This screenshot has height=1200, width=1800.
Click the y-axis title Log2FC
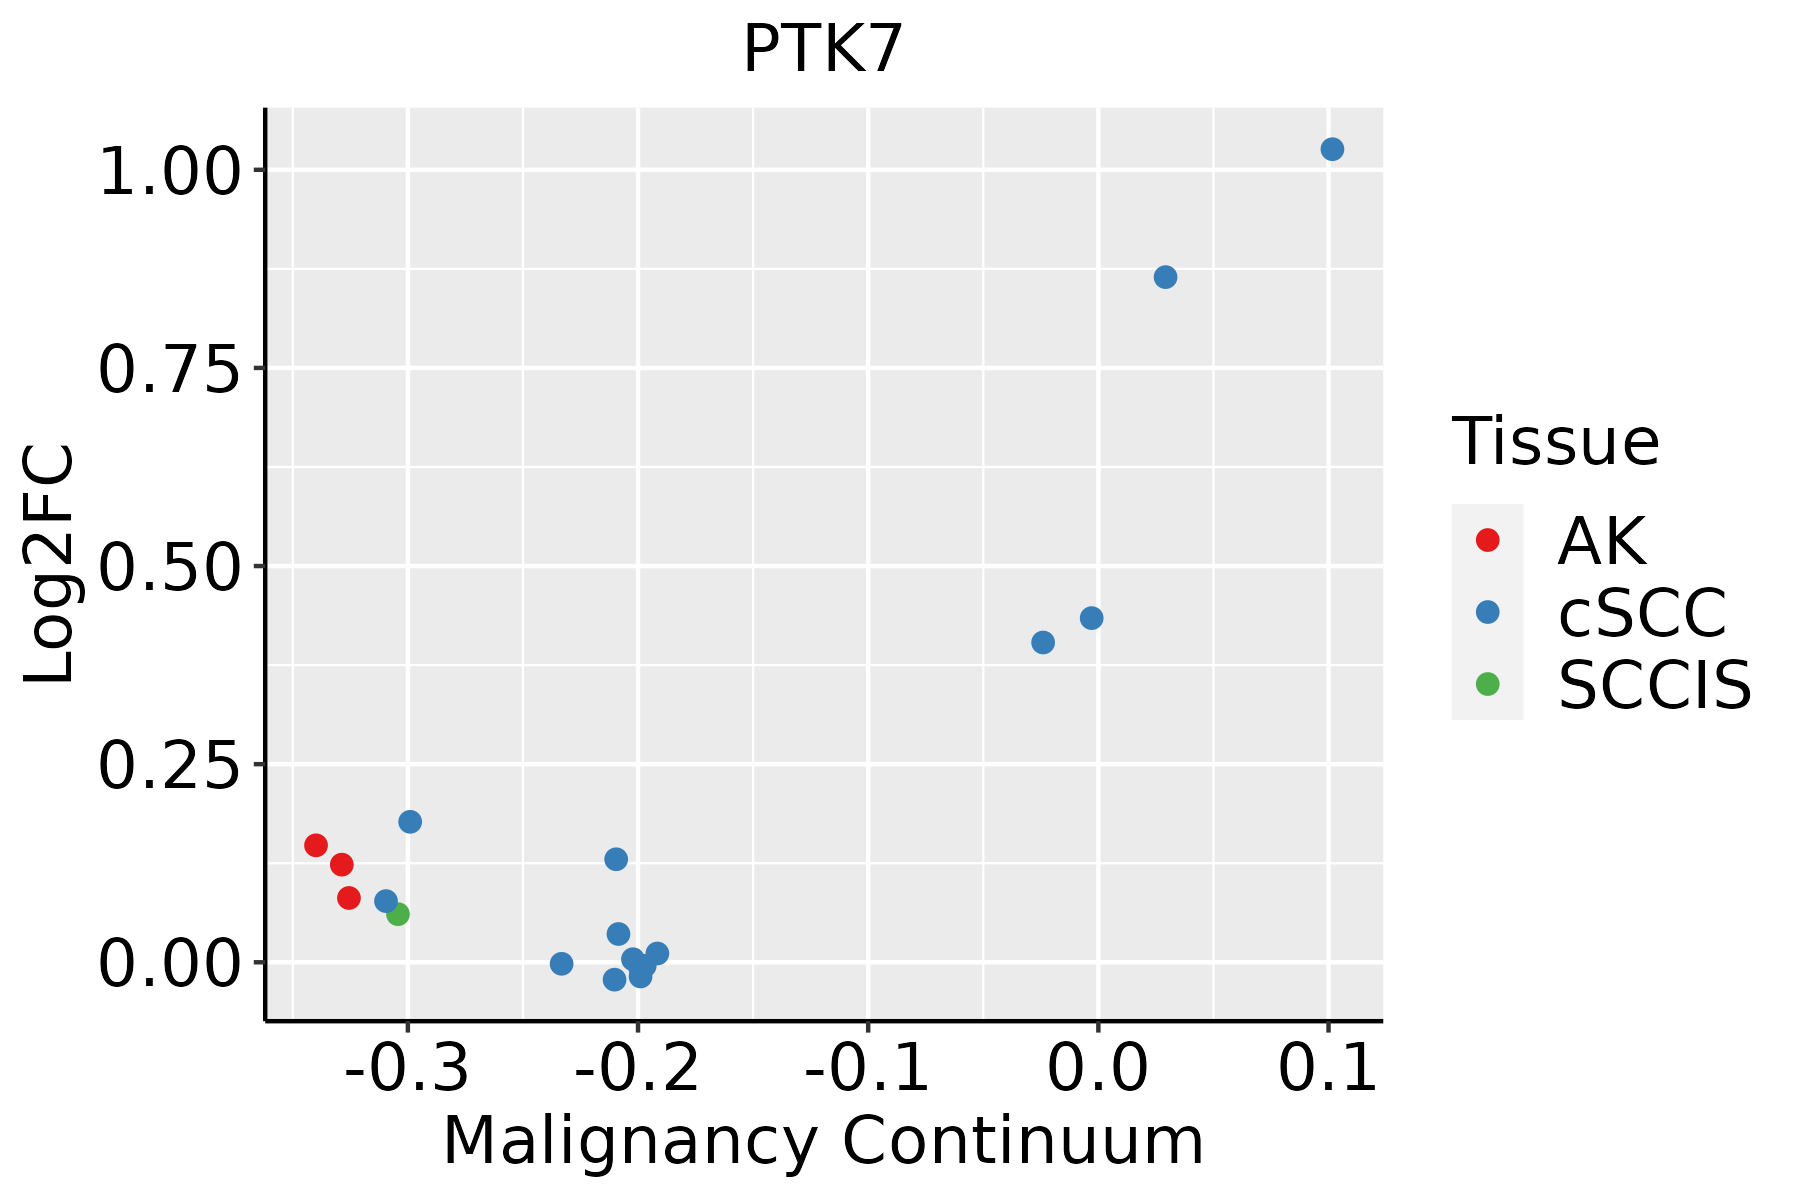pyautogui.click(x=50, y=565)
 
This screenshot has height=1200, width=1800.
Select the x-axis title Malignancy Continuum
pyautogui.click(x=823, y=1141)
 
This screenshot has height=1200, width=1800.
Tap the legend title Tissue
pyautogui.click(x=1556, y=441)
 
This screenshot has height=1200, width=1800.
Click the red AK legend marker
pyautogui.click(x=1487, y=540)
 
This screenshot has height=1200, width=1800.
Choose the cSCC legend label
pyautogui.click(x=1642, y=612)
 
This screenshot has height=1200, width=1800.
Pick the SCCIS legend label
pyautogui.click(x=1655, y=685)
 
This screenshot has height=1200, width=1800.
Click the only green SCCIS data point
pyautogui.click(x=398, y=914)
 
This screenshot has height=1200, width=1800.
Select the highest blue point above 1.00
pyautogui.click(x=1332, y=149)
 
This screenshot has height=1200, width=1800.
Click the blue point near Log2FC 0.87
pyautogui.click(x=1165, y=277)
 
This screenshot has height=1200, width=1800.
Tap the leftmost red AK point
pyautogui.click(x=316, y=845)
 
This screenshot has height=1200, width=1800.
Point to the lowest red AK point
pyautogui.click(x=349, y=898)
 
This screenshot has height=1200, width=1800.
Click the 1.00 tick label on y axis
pyautogui.click(x=170, y=172)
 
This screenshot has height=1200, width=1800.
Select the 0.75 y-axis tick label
pyautogui.click(x=170, y=370)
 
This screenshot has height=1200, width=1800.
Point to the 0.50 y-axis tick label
pyautogui.click(x=170, y=568)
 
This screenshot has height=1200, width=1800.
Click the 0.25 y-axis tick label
pyautogui.click(x=170, y=766)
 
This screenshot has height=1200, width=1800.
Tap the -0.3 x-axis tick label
pyautogui.click(x=406, y=1068)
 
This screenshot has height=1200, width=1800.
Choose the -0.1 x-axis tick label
pyautogui.click(x=867, y=1068)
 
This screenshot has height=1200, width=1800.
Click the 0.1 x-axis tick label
pyautogui.click(x=1328, y=1068)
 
